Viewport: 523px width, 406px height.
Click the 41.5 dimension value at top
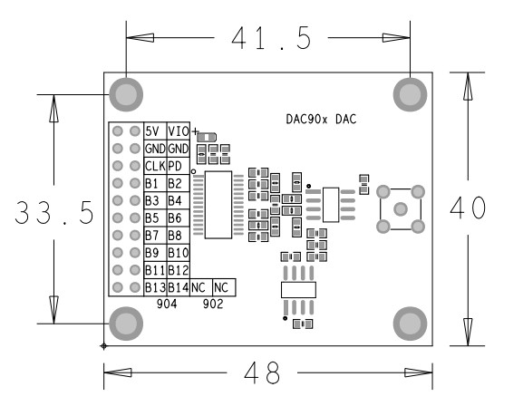(x=270, y=39)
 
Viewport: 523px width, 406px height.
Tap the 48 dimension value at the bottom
(x=267, y=372)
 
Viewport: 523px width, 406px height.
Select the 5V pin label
(x=154, y=131)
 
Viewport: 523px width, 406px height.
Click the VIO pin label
(x=178, y=131)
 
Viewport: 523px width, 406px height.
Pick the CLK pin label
(x=154, y=166)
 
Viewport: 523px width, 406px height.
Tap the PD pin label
(x=174, y=166)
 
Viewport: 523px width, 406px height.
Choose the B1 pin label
(x=152, y=183)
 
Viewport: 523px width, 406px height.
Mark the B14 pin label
(x=178, y=287)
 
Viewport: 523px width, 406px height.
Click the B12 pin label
(x=178, y=270)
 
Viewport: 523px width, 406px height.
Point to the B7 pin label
(x=152, y=236)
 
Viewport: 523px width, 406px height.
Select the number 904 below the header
(x=167, y=304)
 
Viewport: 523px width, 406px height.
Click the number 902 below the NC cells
(x=214, y=304)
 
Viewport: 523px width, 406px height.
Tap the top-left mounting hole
(x=126, y=93)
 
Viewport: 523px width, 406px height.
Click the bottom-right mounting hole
(x=409, y=323)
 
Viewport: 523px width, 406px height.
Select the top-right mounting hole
(x=409, y=93)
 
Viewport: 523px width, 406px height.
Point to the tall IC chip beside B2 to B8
(x=218, y=204)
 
